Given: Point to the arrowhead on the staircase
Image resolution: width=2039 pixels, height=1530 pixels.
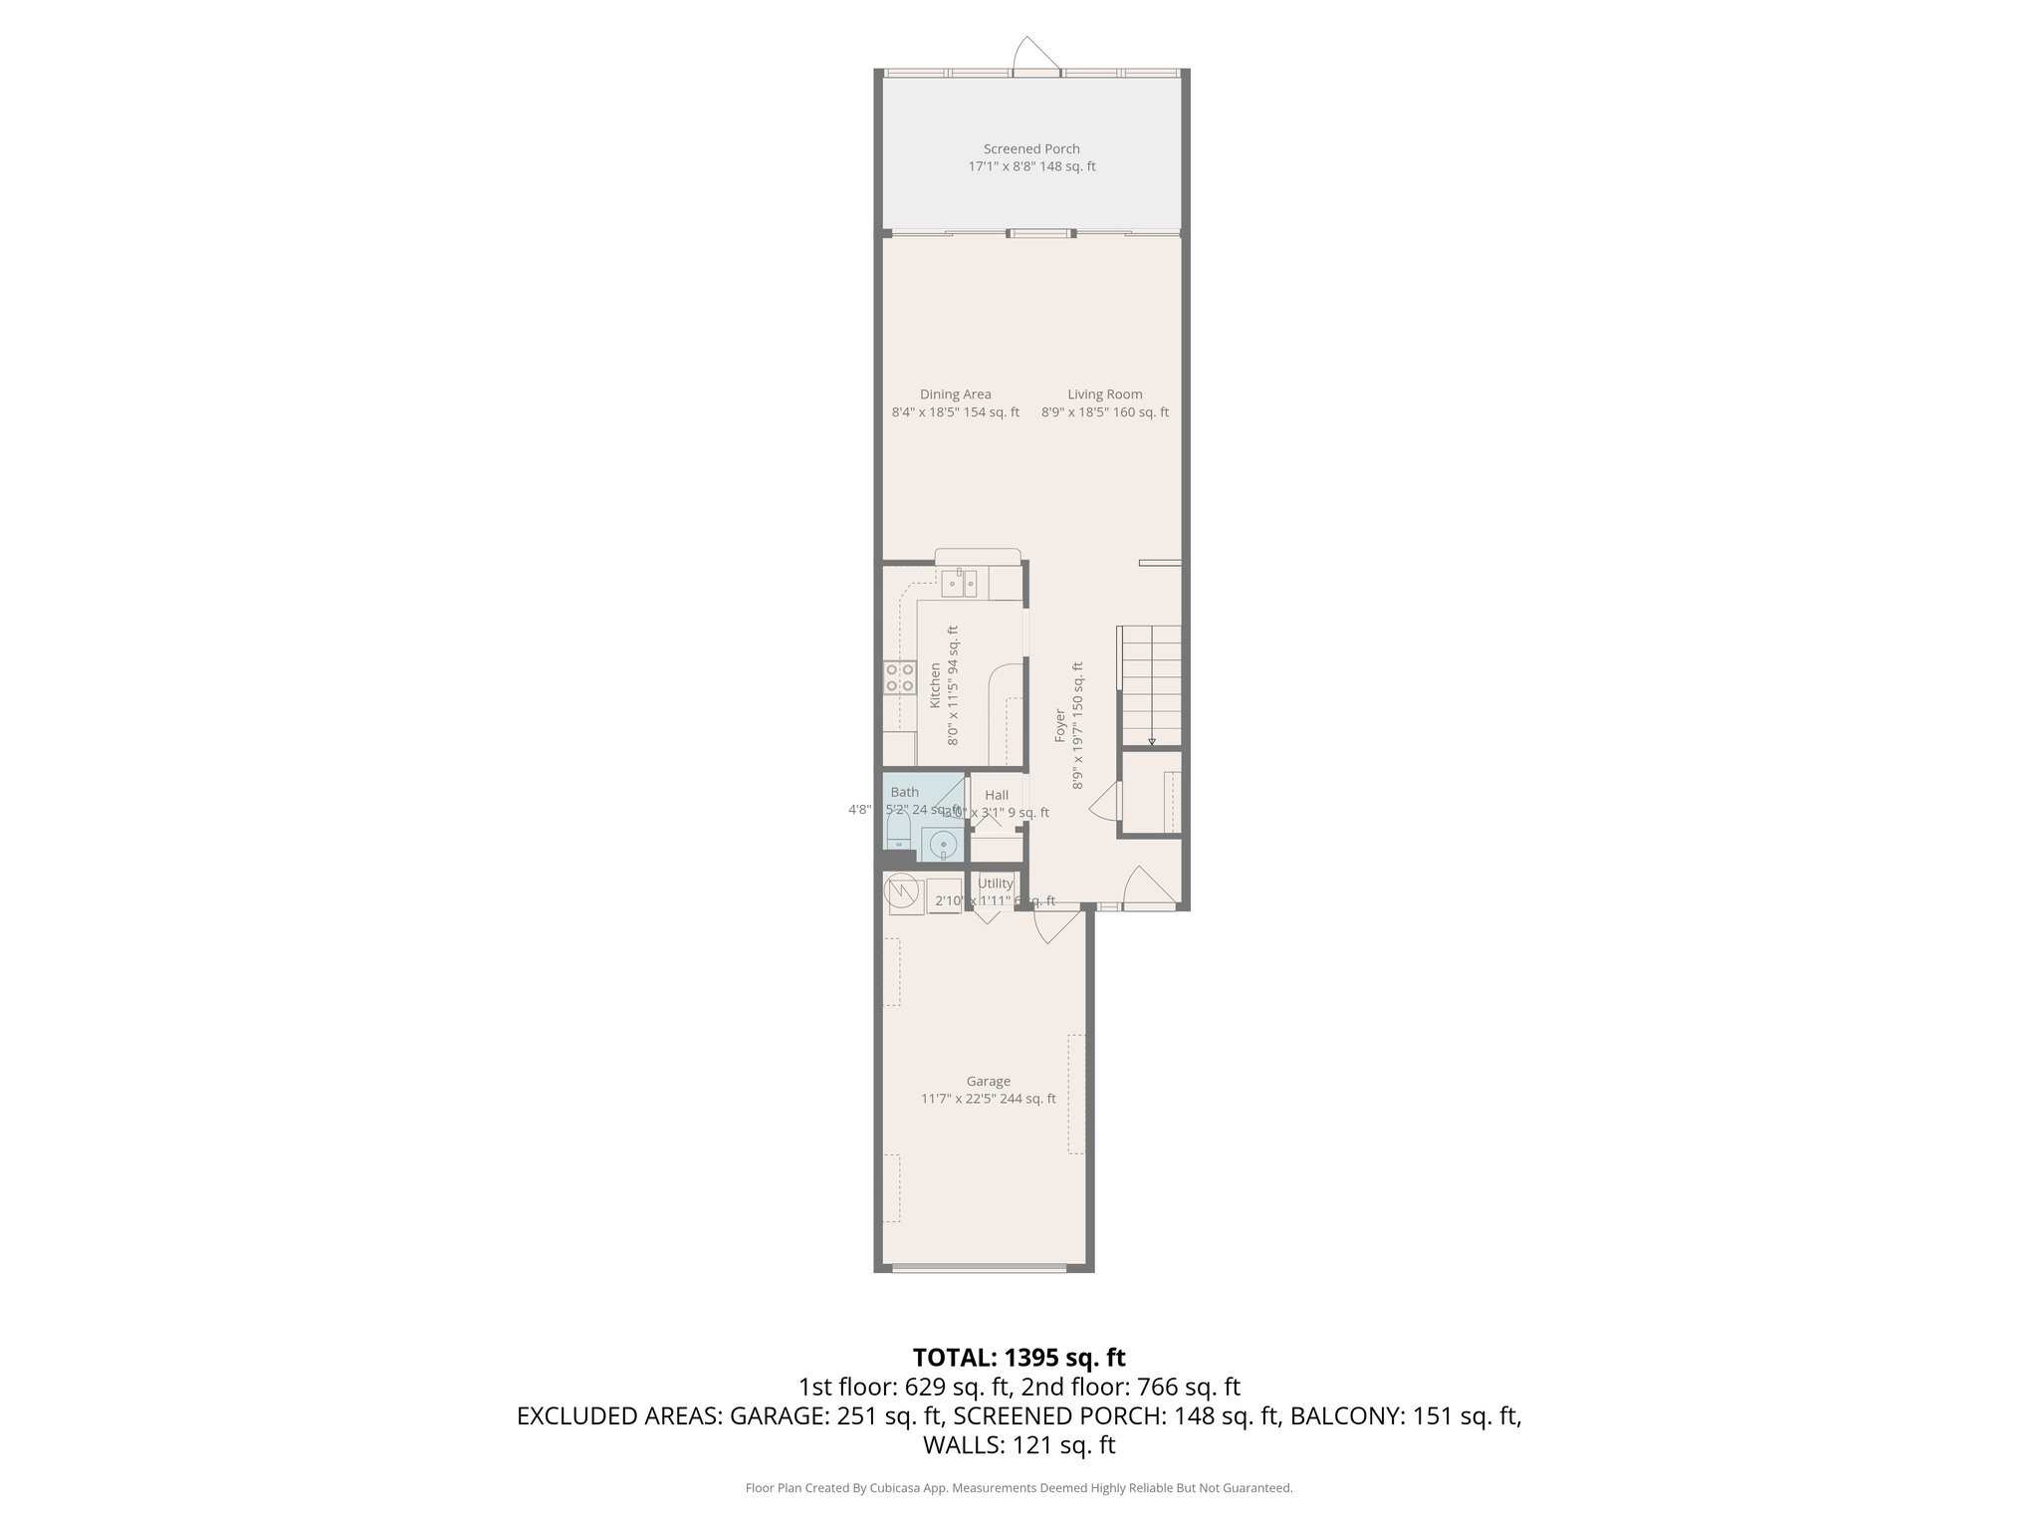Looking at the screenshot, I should click(1152, 741).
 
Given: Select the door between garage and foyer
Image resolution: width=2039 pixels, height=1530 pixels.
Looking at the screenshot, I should click(1055, 928).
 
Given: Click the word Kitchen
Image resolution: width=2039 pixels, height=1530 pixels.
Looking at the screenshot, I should click(935, 685).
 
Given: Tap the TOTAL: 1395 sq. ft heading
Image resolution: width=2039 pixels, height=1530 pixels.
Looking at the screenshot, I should click(1019, 1358).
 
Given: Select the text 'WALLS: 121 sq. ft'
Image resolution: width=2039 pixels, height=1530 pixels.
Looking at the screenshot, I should click(1019, 1445).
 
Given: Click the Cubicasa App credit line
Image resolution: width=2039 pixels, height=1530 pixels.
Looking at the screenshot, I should click(1019, 1488).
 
